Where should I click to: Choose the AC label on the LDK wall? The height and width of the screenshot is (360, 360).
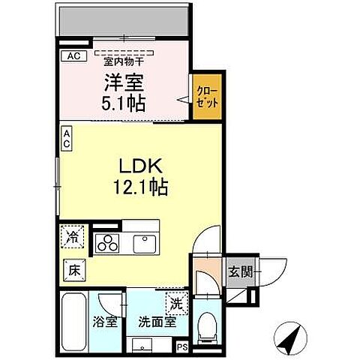pos(67,139)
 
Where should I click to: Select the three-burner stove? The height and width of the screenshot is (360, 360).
pos(107,244)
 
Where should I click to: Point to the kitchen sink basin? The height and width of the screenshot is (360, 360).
pos(142,244)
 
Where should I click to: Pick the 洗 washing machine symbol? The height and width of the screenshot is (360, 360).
pos(175,305)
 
